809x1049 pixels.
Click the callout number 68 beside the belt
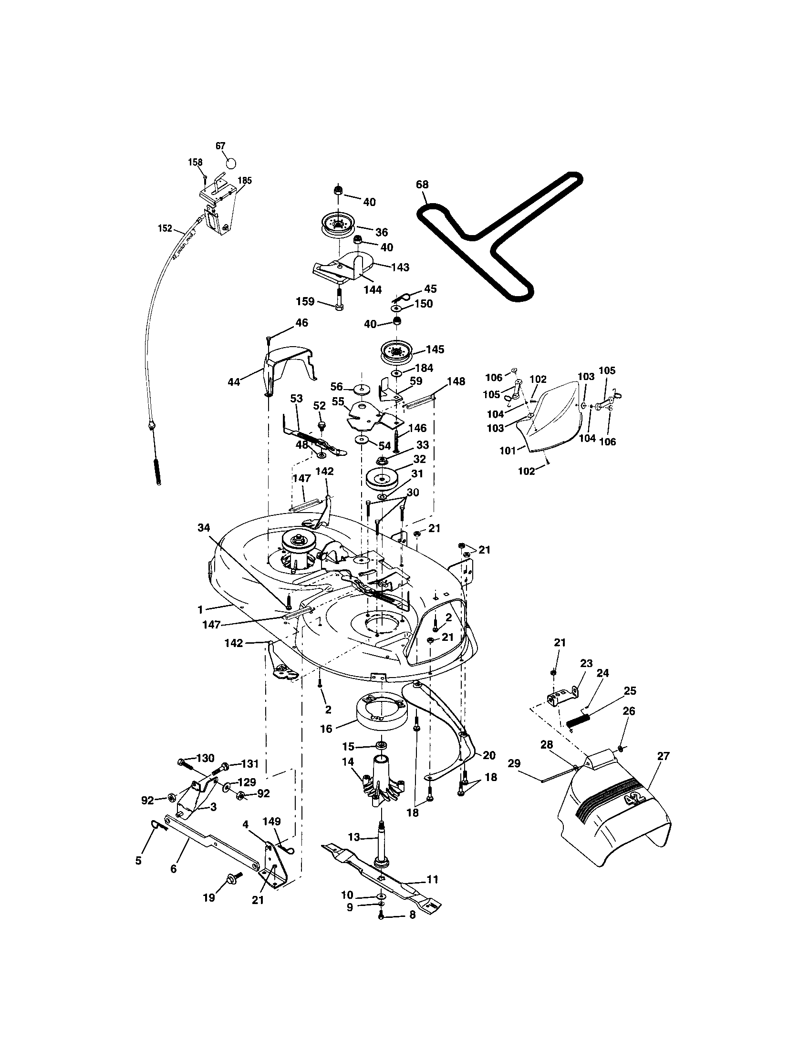click(422, 185)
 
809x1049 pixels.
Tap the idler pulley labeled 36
click(338, 224)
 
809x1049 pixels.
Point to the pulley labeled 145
click(397, 353)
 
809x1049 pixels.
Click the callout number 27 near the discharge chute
click(663, 756)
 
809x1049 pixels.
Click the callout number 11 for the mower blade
click(432, 879)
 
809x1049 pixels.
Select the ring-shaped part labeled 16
click(380, 719)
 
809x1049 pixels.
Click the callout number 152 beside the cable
click(165, 228)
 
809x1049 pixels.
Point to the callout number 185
click(245, 181)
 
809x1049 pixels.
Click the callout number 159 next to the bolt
click(305, 301)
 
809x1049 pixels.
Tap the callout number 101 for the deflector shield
click(508, 451)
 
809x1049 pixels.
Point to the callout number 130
click(205, 758)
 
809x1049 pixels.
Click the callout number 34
click(204, 528)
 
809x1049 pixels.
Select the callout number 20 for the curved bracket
click(489, 756)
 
